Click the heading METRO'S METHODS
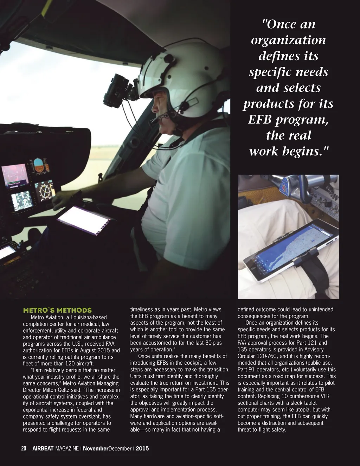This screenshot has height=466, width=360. [57, 310]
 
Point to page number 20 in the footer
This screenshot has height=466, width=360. [24, 448]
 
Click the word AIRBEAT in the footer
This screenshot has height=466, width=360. [43, 448]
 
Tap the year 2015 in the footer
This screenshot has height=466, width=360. [142, 448]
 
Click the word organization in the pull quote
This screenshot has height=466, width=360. [288, 40]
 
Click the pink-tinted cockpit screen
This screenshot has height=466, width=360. [14, 174]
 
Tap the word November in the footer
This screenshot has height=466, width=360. [96, 448]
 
